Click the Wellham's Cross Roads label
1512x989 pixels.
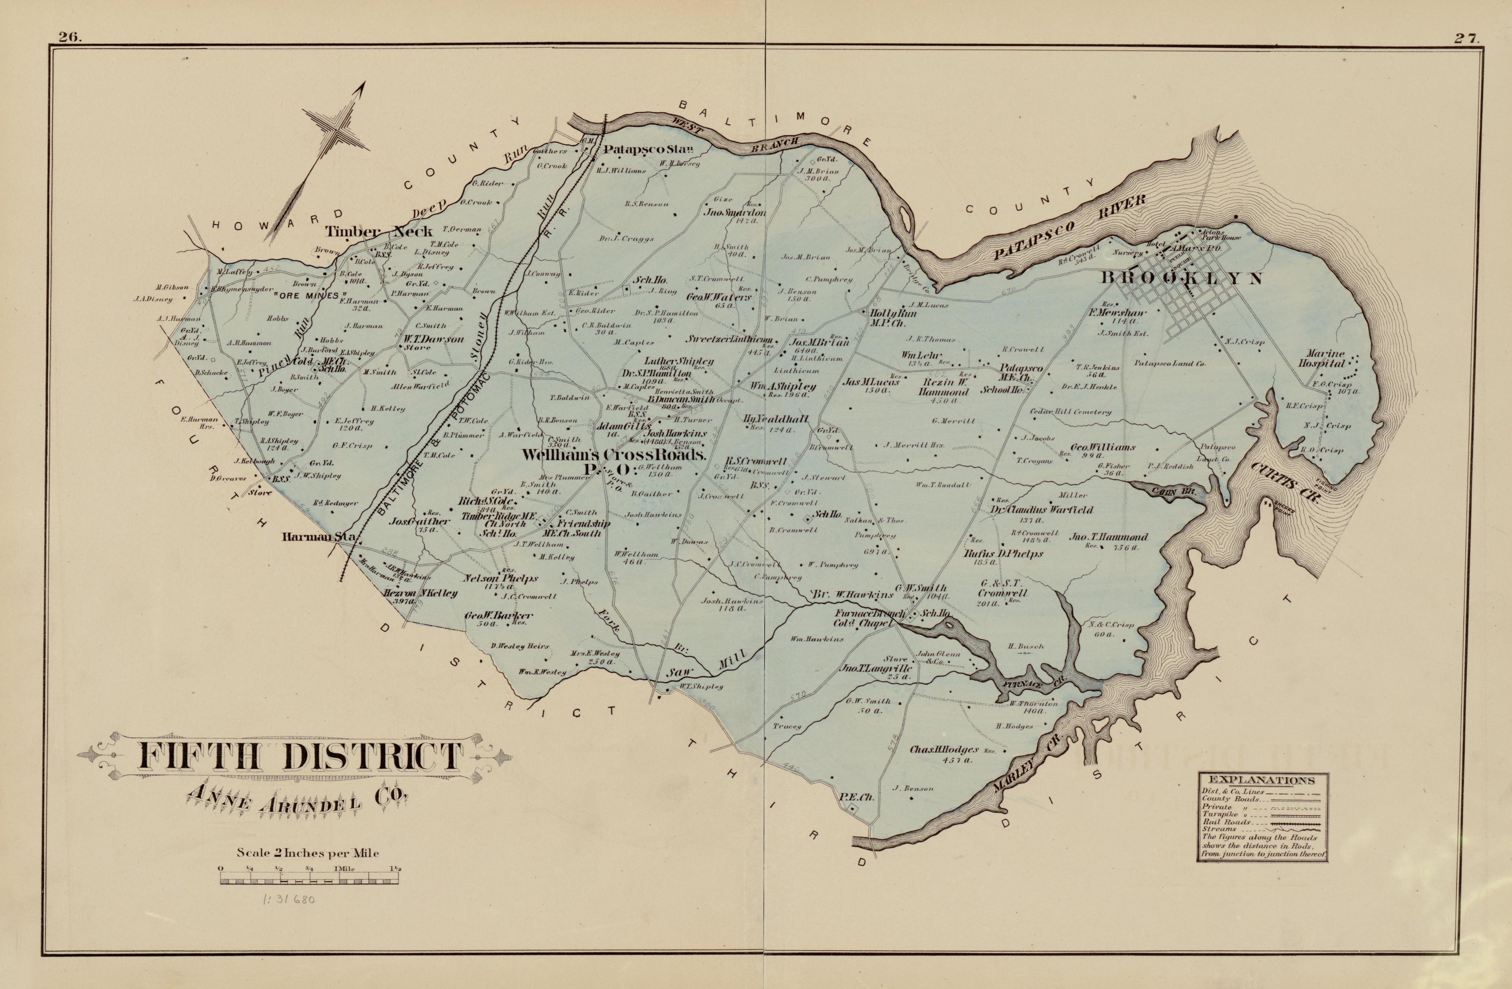[x=613, y=455]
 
